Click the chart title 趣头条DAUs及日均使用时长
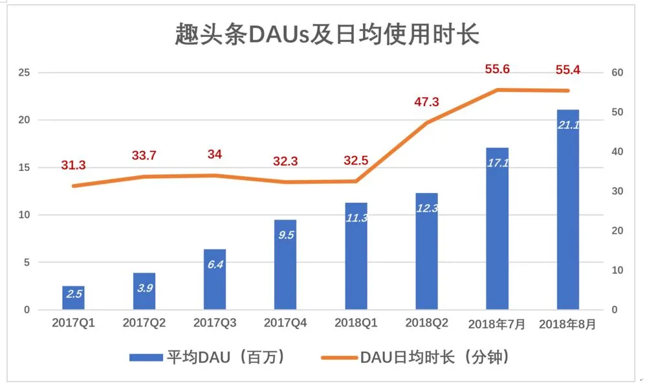click(327, 34)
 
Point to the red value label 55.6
click(498, 69)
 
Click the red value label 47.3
click(426, 102)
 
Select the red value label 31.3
click(73, 165)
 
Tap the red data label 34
click(215, 155)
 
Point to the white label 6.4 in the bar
click(215, 264)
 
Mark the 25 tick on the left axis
click(24, 73)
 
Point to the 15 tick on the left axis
click(24, 168)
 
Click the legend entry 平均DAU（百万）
click(207, 357)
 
